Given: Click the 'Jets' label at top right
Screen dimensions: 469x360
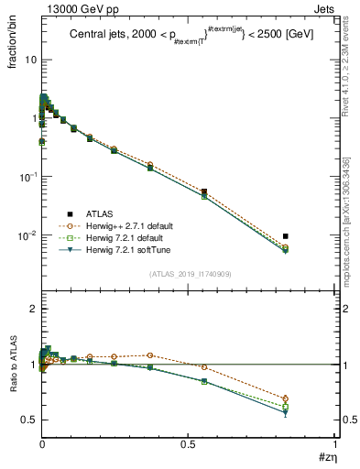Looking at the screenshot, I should tap(325, 8).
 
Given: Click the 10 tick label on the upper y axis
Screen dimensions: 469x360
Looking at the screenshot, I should tap(30, 59).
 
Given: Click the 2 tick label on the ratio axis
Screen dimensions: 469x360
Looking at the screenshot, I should tap(33, 310).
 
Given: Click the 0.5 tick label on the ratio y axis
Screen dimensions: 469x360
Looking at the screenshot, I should tap(28, 420).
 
